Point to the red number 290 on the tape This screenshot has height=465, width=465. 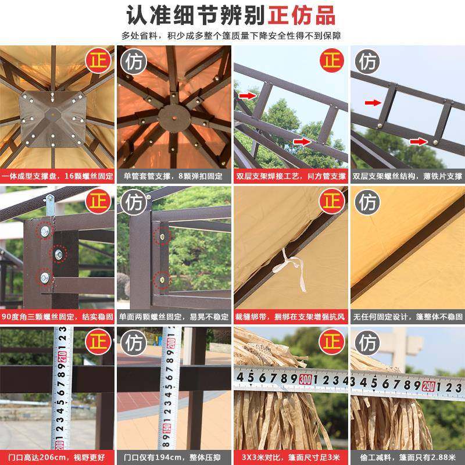[430, 385]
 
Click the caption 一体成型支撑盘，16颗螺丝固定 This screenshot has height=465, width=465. [58, 176]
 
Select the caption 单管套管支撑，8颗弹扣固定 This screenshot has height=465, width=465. [174, 176]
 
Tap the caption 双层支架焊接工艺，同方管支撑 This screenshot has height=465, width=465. [290, 176]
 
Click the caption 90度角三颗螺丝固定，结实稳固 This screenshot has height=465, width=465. [58, 317]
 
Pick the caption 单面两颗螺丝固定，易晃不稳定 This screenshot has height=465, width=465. [174, 317]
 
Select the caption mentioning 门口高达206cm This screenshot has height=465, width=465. [58, 457]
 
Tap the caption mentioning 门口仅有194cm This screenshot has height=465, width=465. [174, 457]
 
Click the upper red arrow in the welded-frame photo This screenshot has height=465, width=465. [248, 95]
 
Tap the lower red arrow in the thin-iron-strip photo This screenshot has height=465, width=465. [416, 141]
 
